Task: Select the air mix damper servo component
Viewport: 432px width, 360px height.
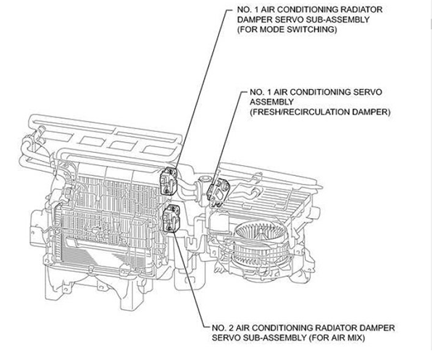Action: click(172, 218)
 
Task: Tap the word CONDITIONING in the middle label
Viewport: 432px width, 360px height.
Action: click(306, 92)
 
